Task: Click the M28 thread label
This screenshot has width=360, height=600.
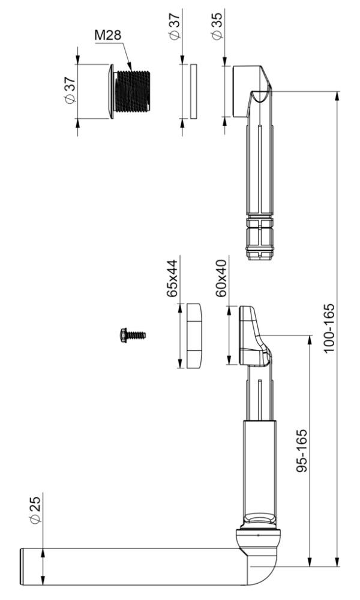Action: [x=108, y=35]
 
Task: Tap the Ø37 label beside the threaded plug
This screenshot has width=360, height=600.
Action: [x=70, y=91]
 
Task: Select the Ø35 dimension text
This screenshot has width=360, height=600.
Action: [x=216, y=26]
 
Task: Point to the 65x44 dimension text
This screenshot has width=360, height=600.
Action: [x=172, y=278]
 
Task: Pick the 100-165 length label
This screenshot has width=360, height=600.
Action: [x=329, y=328]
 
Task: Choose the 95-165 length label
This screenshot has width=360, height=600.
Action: [x=302, y=451]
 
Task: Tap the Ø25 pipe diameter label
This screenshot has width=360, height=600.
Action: [x=35, y=510]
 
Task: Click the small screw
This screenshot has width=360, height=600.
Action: [x=133, y=335]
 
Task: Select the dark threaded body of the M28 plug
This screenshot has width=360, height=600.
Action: [x=133, y=91]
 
